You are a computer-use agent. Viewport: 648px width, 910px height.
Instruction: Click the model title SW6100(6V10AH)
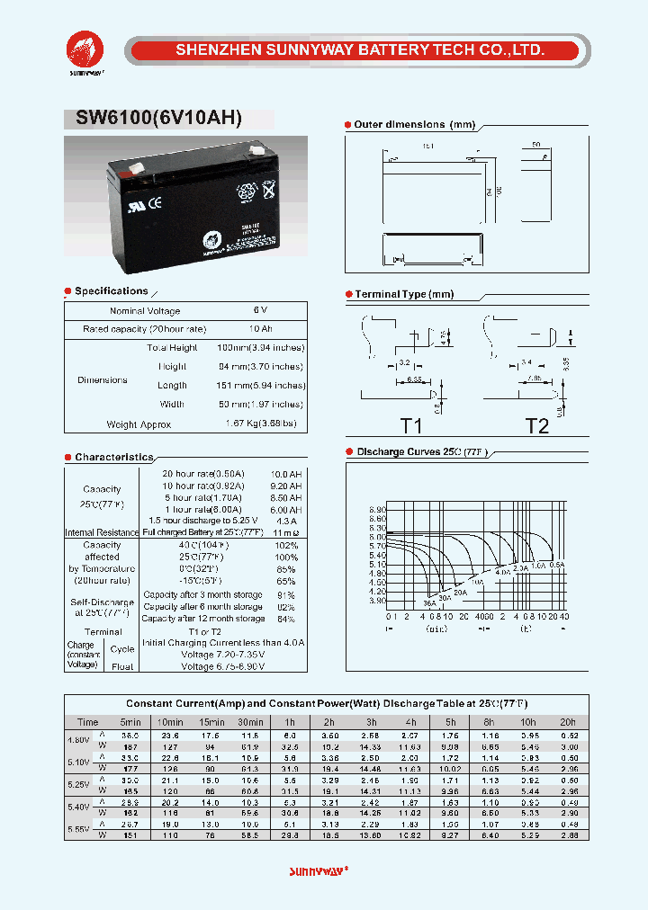tap(153, 119)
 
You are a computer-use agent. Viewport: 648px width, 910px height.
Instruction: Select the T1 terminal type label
tap(411, 426)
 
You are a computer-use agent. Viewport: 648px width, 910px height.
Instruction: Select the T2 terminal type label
tap(536, 426)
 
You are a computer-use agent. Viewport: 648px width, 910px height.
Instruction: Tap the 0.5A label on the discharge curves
tap(557, 565)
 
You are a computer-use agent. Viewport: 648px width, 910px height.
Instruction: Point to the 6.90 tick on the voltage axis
tap(378, 509)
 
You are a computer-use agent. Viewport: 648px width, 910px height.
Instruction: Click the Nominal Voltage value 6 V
tap(261, 311)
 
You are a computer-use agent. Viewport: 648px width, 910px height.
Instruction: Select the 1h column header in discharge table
tap(290, 722)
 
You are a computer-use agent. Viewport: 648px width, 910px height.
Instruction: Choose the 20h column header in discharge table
tap(569, 722)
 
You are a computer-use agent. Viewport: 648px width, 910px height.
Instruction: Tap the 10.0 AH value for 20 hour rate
tap(286, 473)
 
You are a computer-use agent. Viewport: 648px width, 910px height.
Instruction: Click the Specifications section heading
tap(111, 291)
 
